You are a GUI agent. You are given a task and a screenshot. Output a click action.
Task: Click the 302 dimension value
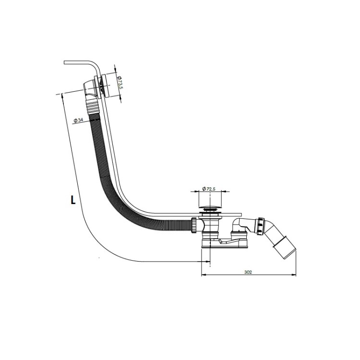click(248, 272)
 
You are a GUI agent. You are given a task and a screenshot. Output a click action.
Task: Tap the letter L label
click(73, 200)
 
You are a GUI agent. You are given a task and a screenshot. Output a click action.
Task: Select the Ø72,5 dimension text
click(209, 189)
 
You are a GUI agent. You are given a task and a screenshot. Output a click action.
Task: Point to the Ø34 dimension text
click(78, 120)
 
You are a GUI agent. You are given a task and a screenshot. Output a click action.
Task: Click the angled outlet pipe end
click(285, 250)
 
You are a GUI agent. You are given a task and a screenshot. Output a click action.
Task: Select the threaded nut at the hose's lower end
click(193, 225)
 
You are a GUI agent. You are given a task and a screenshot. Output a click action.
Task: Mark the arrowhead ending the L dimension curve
click(207, 261)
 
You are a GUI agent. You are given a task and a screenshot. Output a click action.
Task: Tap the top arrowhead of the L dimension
click(62, 97)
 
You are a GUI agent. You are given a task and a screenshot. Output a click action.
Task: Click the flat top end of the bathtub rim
click(65, 63)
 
